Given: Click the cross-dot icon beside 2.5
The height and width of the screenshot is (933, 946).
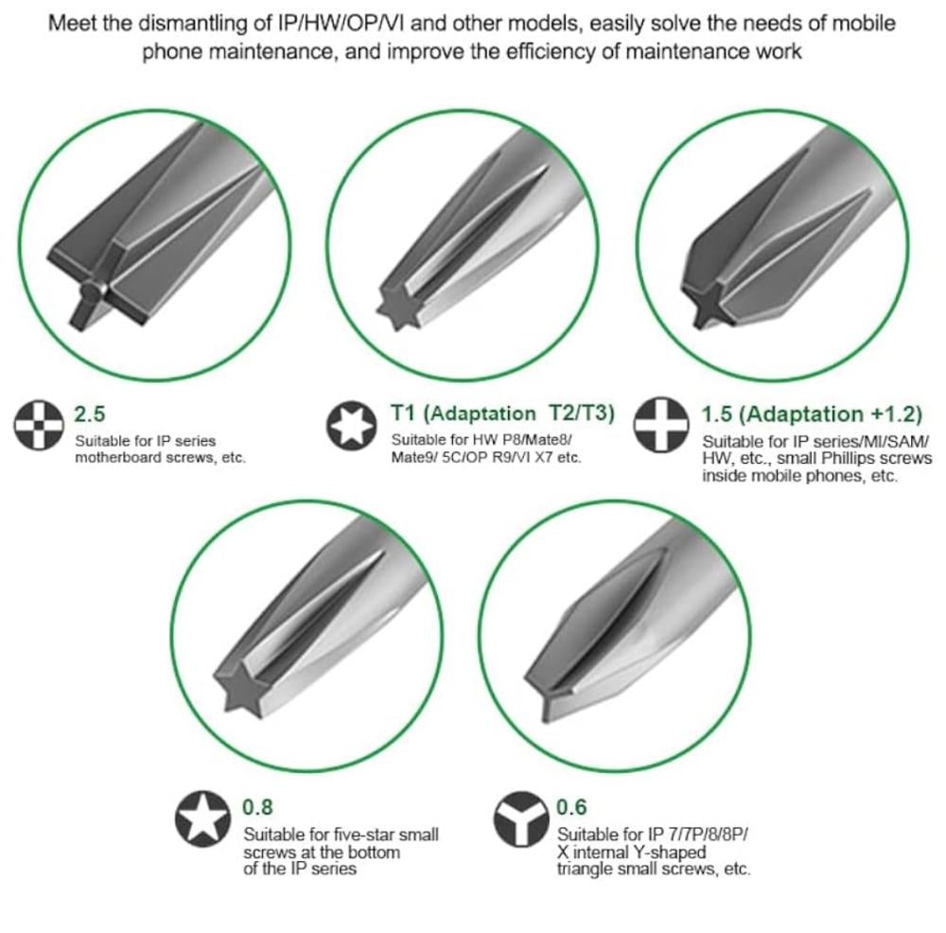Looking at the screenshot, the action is click(39, 425).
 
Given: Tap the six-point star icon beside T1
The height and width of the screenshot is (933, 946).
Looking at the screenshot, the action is click(351, 425).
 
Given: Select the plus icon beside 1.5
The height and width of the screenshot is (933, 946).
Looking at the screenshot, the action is click(661, 424).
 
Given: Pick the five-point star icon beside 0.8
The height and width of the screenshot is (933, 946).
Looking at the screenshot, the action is click(202, 819).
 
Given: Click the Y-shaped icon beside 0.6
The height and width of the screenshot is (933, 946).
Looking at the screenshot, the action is click(521, 819).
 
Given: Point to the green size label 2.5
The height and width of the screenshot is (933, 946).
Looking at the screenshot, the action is click(89, 414).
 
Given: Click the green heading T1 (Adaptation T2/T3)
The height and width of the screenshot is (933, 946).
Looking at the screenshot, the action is click(502, 414).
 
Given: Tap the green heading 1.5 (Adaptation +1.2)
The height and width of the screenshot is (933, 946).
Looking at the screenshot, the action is click(812, 414).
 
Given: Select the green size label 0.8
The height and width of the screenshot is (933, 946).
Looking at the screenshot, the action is click(257, 807).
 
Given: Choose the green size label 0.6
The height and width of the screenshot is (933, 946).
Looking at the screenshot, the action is click(571, 807).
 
